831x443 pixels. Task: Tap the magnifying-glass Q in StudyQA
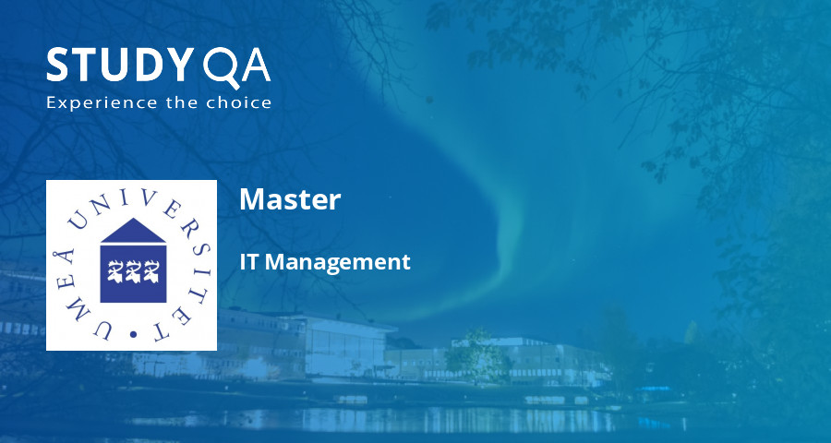[x=218, y=66]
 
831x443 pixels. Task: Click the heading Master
[x=290, y=199]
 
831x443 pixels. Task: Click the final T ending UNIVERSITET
[x=172, y=320]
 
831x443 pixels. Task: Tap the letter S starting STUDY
[x=58, y=66]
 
